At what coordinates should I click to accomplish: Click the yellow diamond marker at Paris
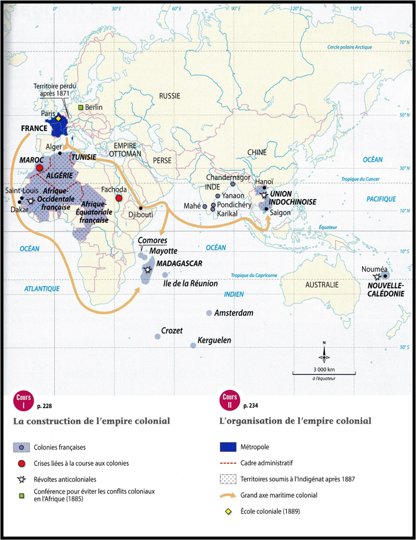[x=58, y=118]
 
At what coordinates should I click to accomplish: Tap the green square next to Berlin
[x=80, y=107]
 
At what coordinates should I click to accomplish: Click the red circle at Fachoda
[x=118, y=198]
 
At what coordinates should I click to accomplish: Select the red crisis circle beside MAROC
[x=39, y=167]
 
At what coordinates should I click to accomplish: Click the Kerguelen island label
[x=214, y=340]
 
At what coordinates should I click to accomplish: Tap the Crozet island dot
[x=158, y=336]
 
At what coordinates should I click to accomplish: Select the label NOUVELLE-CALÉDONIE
[x=386, y=289]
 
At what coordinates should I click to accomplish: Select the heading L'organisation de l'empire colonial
[x=295, y=421]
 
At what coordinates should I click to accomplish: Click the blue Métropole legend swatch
[x=228, y=447]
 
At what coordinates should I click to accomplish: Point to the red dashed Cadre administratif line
[x=228, y=463]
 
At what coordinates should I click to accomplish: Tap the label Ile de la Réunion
[x=191, y=283]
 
